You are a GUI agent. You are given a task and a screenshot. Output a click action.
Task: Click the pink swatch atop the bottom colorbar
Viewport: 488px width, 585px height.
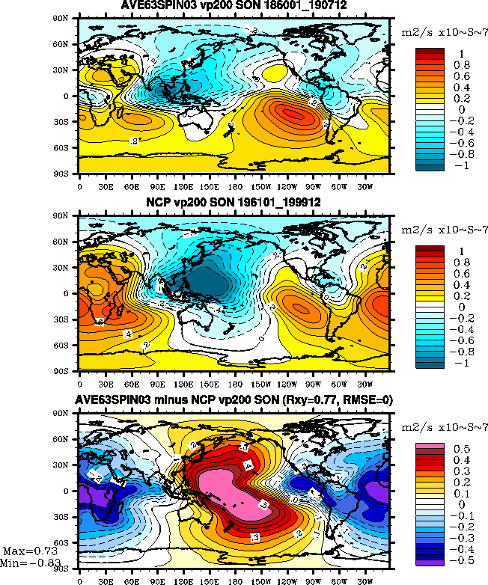tap(430, 449)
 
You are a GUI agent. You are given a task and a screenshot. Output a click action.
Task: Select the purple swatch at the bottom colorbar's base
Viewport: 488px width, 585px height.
tap(430, 559)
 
